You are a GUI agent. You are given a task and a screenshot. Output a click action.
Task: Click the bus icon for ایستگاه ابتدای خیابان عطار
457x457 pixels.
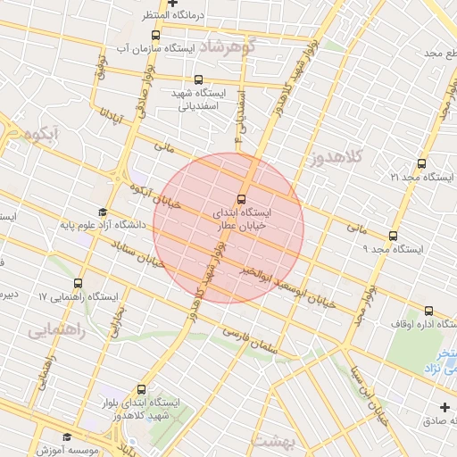(242, 199)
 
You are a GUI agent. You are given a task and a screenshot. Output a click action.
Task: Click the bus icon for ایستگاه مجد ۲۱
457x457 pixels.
(421, 163)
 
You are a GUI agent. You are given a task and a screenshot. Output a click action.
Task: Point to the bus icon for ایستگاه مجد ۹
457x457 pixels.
(393, 237)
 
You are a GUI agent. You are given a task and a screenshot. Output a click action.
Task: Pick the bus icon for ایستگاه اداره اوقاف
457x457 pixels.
(428, 311)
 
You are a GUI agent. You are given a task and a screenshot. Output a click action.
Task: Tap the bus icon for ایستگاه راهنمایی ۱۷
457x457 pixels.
(79, 283)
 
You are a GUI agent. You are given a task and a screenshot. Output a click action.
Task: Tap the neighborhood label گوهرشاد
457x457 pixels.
(228, 46)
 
